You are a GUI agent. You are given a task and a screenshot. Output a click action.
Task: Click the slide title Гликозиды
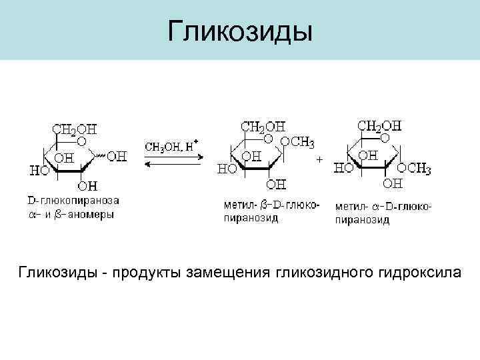coord(240,31)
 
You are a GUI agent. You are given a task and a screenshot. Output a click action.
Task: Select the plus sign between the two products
coord(320,160)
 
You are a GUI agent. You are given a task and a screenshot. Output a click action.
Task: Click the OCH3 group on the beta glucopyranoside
coord(297,142)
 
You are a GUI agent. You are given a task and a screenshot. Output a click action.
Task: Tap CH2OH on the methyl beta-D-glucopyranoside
coord(263,125)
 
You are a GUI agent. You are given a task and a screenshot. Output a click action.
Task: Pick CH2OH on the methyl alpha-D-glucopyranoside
coord(380,125)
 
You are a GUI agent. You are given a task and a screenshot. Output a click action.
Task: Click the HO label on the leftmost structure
coord(38,171)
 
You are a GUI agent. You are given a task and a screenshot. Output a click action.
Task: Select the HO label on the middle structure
coord(227,169)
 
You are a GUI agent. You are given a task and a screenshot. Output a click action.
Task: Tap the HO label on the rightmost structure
coord(343,169)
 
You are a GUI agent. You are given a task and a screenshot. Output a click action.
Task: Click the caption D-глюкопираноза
coord(73,199)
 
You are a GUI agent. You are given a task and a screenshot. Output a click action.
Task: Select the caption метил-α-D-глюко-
coord(383,206)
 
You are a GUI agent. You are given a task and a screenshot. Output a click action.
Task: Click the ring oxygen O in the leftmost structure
coord(81,142)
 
